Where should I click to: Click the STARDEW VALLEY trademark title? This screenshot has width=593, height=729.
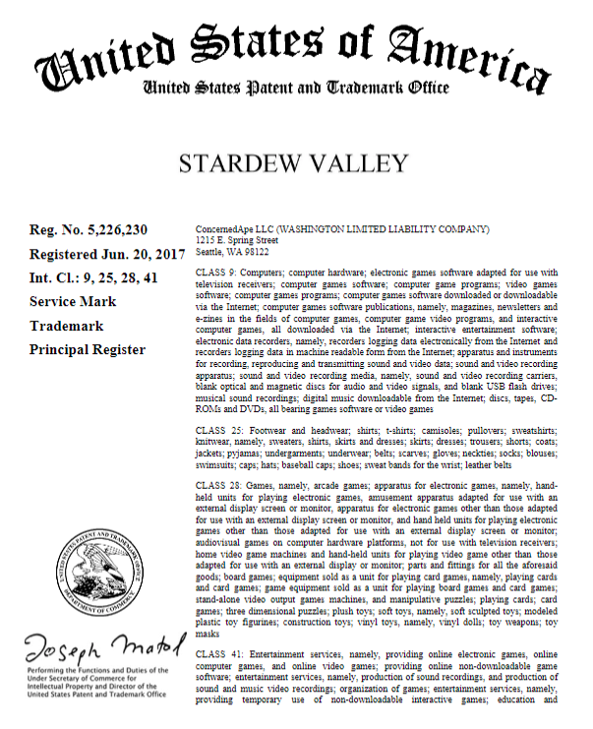click(296, 163)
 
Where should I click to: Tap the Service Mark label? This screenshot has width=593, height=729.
click(73, 300)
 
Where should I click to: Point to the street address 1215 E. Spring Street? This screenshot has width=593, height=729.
click(237, 238)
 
